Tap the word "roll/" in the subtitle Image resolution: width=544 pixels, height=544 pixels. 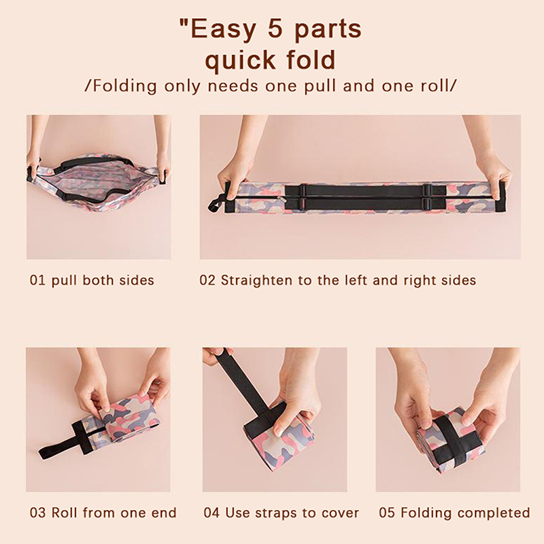(x=439, y=86)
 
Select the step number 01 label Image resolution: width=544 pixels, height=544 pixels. (x=38, y=280)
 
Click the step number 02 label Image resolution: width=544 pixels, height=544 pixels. (x=207, y=280)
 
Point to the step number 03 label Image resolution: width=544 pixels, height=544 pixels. (x=38, y=513)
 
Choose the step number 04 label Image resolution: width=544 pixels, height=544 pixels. (x=211, y=513)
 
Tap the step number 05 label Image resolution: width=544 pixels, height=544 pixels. (x=387, y=513)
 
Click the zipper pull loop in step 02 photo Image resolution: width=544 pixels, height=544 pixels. (x=215, y=205)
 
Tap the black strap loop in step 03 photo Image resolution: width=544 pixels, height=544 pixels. (x=64, y=439)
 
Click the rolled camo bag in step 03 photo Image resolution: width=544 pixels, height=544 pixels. (x=129, y=422)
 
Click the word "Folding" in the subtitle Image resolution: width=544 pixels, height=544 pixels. (x=124, y=86)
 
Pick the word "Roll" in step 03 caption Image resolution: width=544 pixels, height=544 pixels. (x=65, y=513)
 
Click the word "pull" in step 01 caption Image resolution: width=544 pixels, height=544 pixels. (x=64, y=281)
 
